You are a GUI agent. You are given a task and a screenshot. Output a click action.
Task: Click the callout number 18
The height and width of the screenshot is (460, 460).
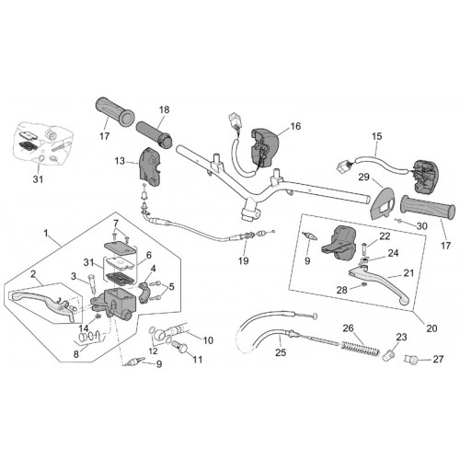165,109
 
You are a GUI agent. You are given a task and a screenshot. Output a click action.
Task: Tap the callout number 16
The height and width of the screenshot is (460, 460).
295,126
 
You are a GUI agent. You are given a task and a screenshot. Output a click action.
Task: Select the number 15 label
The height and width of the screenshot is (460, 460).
377,136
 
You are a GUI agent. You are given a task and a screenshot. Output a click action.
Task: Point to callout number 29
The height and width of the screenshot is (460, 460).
363,177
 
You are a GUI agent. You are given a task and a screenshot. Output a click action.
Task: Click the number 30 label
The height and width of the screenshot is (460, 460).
422,226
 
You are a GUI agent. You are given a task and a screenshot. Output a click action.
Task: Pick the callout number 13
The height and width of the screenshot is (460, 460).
121,161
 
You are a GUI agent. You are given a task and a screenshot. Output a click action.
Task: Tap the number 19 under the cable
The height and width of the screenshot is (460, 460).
244,261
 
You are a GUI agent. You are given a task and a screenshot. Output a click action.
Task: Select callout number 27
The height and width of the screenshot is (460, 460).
438,359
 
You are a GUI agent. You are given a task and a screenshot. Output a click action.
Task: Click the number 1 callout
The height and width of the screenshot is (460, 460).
46,234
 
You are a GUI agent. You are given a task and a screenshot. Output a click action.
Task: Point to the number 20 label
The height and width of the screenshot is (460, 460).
431,328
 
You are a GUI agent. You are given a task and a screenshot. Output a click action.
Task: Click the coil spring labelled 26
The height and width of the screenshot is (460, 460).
361,347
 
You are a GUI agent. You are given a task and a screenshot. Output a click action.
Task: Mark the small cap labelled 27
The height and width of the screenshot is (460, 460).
410,358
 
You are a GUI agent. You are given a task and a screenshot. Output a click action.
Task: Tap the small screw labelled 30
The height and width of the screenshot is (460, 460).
399,221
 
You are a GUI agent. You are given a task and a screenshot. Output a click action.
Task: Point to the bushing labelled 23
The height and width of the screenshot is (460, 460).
388,355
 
